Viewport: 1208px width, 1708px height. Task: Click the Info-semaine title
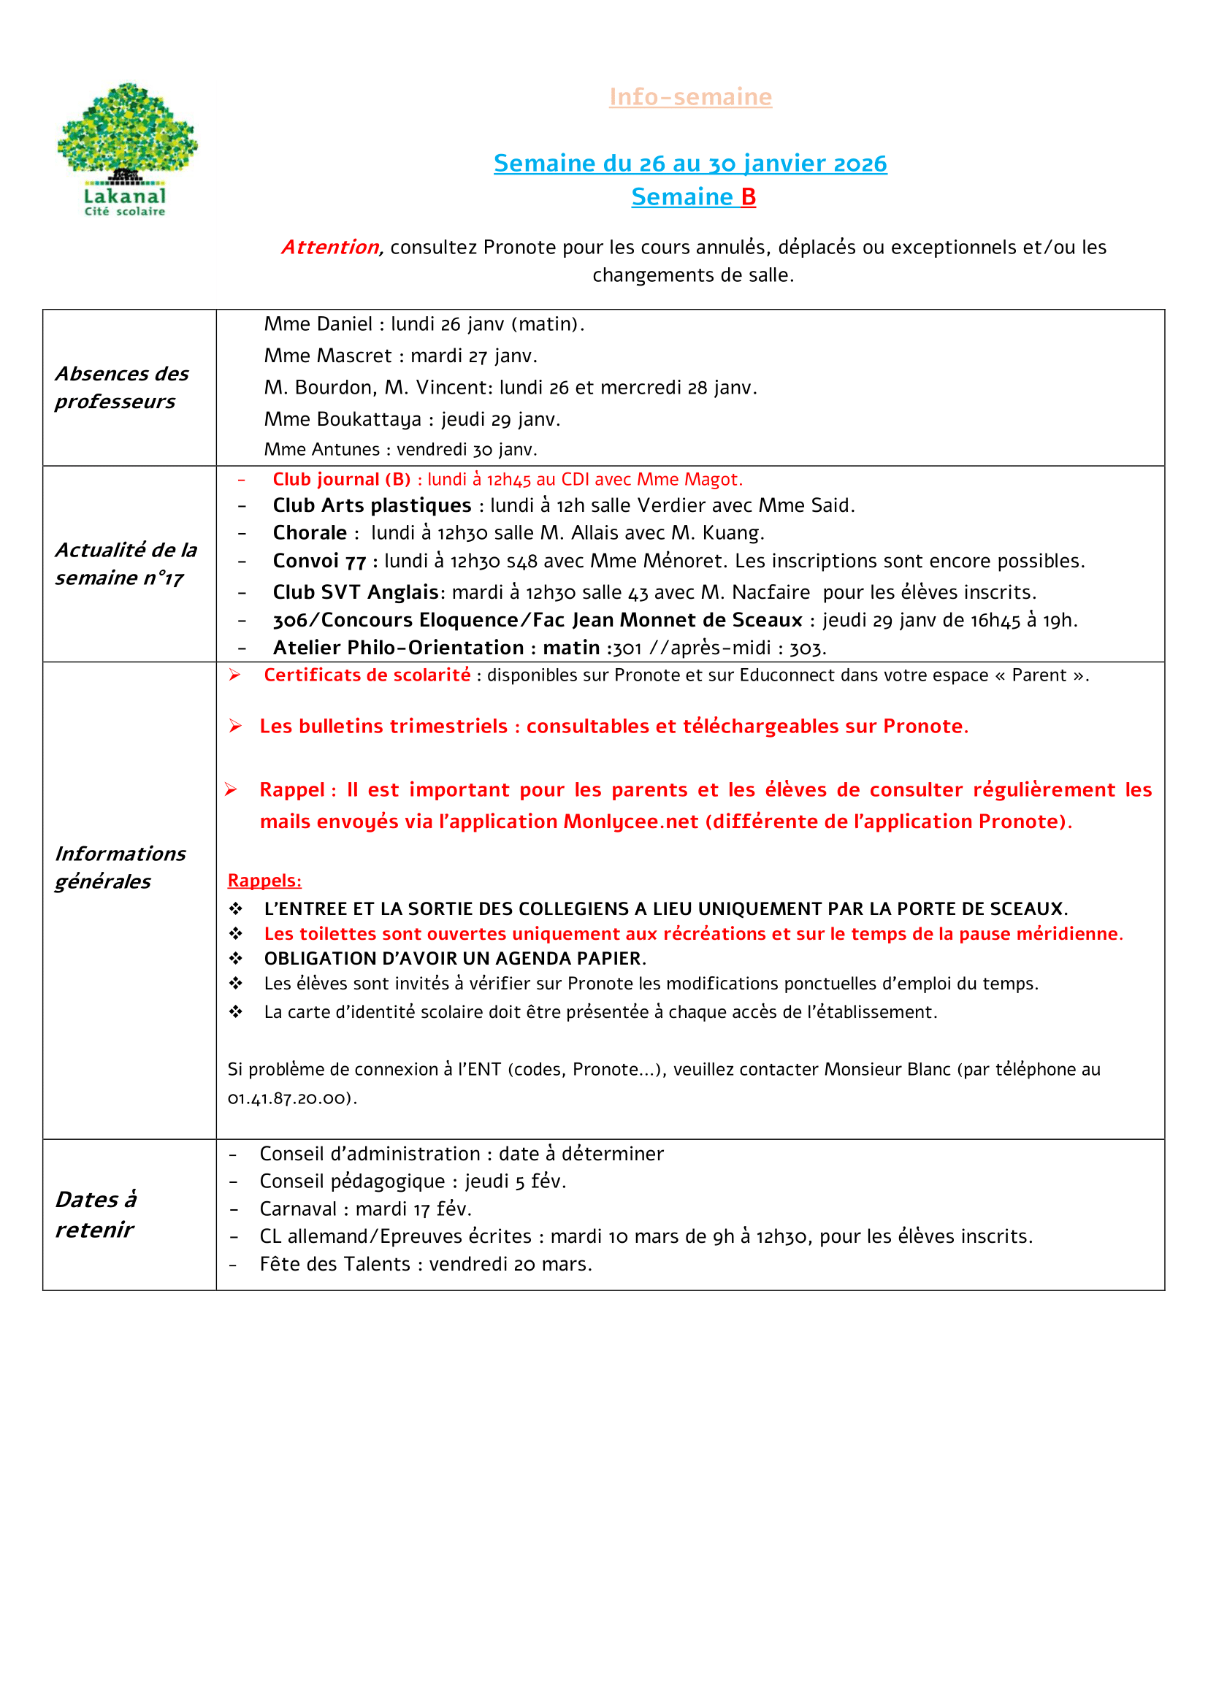click(690, 96)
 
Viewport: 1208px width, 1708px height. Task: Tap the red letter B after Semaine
click(749, 196)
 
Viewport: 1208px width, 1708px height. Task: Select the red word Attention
click(330, 247)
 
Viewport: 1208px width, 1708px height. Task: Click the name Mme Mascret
click(327, 356)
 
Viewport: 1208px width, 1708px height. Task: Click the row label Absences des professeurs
click(122, 387)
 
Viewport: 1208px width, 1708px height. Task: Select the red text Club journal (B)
click(341, 479)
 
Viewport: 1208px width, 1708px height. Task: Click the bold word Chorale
click(310, 532)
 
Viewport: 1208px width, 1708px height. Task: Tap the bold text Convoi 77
click(319, 561)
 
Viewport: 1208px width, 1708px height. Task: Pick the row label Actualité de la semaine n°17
click(126, 563)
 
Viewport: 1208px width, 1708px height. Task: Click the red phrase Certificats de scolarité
click(367, 675)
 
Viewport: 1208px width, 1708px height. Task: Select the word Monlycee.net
click(631, 822)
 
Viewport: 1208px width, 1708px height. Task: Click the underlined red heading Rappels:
click(264, 880)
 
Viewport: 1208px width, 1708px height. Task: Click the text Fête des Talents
click(335, 1264)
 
